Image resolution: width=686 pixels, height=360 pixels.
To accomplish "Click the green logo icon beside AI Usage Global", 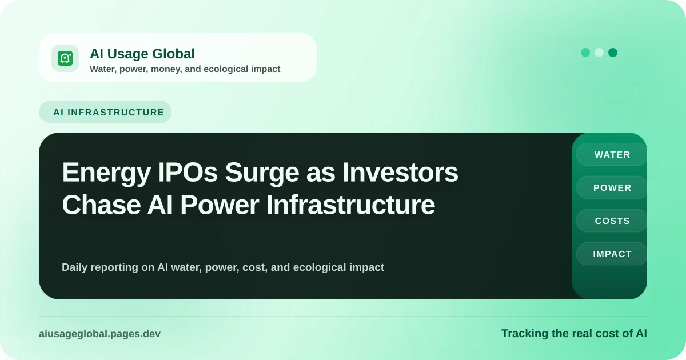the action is pyautogui.click(x=65, y=58).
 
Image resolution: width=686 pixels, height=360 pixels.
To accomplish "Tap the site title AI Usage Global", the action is pyautogui.click(x=142, y=54).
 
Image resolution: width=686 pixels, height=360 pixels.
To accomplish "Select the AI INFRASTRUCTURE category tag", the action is pyautogui.click(x=105, y=112).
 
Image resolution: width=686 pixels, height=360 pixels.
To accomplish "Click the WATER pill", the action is pyautogui.click(x=612, y=155).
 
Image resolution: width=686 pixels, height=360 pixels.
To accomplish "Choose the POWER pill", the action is pyautogui.click(x=612, y=187).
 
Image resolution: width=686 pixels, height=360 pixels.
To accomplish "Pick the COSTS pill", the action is pyautogui.click(x=612, y=221).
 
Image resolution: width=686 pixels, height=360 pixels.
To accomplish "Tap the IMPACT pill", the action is pyautogui.click(x=612, y=254).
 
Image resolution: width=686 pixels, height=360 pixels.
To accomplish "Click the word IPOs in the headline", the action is pyautogui.click(x=188, y=173).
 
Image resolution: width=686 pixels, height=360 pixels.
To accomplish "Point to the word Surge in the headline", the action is pyautogui.click(x=262, y=173).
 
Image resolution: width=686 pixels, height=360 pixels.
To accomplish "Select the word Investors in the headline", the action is pyautogui.click(x=400, y=173).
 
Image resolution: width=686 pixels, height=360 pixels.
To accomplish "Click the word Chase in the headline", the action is pyautogui.click(x=101, y=205).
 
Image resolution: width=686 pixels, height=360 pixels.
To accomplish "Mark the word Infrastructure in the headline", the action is pyautogui.click(x=350, y=205).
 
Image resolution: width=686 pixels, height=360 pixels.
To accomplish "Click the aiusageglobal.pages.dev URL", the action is pyautogui.click(x=99, y=334).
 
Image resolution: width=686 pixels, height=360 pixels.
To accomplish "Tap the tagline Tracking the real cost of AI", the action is pyautogui.click(x=574, y=333).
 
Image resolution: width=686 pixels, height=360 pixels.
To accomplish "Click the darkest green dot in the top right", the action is pyautogui.click(x=612, y=53).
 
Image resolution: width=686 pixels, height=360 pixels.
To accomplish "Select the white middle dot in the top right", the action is pyautogui.click(x=599, y=53).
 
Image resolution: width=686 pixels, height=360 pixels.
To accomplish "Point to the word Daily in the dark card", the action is pyautogui.click(x=75, y=267).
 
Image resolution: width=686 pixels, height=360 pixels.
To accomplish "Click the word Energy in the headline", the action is pyautogui.click(x=106, y=173).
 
